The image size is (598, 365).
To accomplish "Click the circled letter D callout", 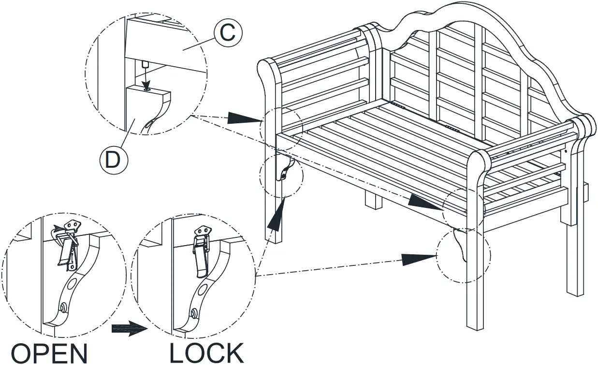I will tap(112, 160).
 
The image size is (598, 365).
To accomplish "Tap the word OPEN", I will tap(50, 353).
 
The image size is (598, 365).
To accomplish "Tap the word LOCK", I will tap(206, 353).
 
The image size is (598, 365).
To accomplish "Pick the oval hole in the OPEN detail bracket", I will tap(71, 282).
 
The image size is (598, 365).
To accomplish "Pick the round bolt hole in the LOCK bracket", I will tap(193, 314).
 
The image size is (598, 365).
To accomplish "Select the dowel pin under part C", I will tap(144, 64).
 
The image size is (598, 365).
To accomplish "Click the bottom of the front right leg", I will tap(476, 326).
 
